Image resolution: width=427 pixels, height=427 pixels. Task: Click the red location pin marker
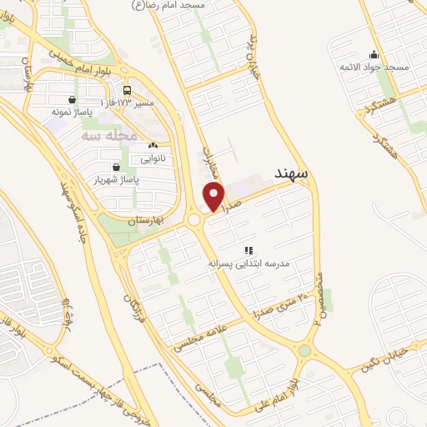(x=214, y=197)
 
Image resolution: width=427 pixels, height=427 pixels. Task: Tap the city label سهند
(x=291, y=174)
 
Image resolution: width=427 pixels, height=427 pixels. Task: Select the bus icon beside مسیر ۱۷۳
(x=127, y=90)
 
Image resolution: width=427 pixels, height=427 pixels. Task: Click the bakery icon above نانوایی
(x=152, y=145)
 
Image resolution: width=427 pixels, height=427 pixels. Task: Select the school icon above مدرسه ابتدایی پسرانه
(x=248, y=249)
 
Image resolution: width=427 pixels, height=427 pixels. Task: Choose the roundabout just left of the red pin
(x=196, y=220)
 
